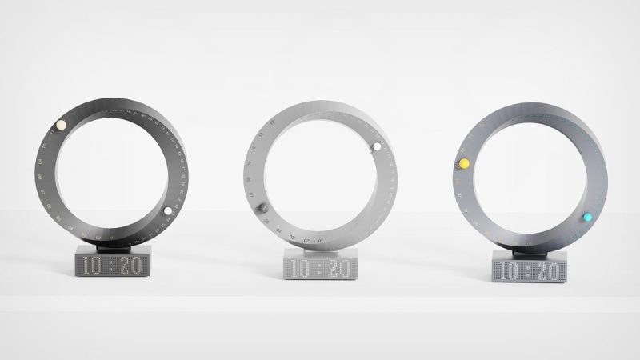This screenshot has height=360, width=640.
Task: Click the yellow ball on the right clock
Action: tap(463, 164)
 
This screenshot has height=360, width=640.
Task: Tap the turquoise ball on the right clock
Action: tap(587, 217)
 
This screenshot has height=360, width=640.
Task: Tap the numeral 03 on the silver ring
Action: tap(292, 238)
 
